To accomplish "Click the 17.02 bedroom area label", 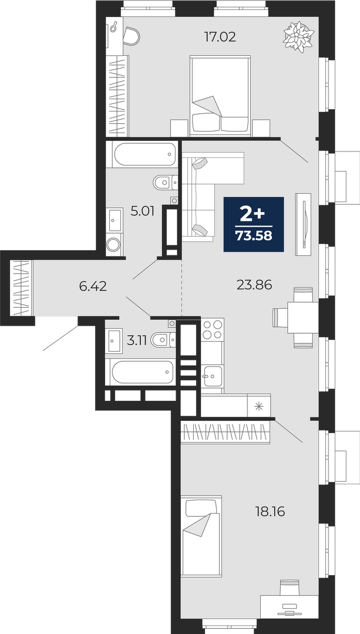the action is coord(220,38).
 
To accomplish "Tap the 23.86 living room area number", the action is coord(254,285).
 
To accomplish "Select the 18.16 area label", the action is coord(270,512).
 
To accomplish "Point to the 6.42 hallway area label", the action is coord(93,286).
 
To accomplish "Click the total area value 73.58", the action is coord(254,236).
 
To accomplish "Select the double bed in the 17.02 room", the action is coord(220,96).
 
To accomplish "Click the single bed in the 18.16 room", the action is coord(201,536).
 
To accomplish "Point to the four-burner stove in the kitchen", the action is coord(212,329).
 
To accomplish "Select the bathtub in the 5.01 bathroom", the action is coord(145,154).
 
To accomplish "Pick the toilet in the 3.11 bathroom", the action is coord(163,340).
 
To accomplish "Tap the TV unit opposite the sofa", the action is coord(304,224).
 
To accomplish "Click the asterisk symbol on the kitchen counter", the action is coord(258,406).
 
